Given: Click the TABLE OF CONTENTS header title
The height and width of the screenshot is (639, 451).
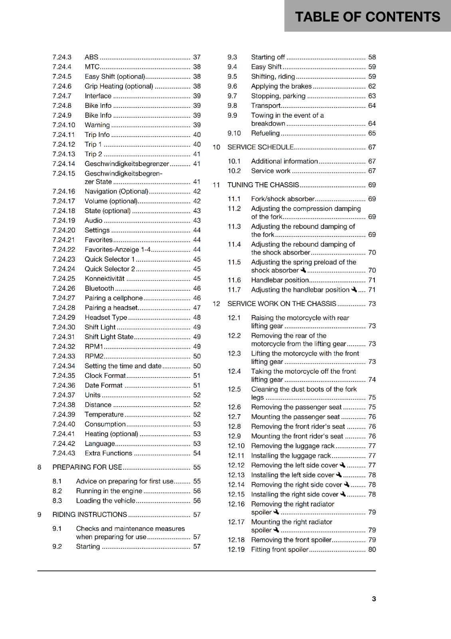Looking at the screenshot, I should pos(367,17).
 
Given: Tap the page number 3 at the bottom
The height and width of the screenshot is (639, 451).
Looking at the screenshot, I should pos(374,599).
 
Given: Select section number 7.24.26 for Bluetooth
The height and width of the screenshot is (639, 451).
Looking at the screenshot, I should pos(63,288).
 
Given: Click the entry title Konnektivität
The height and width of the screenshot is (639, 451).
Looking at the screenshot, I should pos(104,279).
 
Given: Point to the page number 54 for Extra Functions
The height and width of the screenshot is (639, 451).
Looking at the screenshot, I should pos(197,453).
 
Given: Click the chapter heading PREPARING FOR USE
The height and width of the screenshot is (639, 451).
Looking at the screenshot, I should pos(87,467).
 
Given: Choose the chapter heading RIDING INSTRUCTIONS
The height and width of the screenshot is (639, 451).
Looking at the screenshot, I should pos(89,515).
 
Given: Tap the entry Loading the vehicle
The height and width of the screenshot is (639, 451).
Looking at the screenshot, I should pos(105,501).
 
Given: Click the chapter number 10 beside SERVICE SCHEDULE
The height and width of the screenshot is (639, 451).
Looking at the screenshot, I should pos(216,147).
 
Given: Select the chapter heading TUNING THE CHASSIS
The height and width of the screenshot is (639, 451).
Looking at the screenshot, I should pos(263,185).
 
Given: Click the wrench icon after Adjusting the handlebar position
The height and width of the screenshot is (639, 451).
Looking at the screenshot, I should pos(354,290).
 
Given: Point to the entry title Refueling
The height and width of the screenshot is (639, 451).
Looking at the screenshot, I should pos(265,133).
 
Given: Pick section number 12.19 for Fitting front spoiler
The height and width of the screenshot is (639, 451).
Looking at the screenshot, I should pos(236,550).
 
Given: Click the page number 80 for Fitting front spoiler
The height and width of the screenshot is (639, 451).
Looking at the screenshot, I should pos(372,550).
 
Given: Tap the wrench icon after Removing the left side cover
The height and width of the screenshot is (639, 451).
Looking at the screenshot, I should pos(342,465).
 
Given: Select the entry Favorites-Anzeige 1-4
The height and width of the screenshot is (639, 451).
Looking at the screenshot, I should pos(117,250).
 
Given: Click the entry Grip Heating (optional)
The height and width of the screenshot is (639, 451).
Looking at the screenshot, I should pos(119,86).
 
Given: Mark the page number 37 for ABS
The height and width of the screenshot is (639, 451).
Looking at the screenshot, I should pos(197,57).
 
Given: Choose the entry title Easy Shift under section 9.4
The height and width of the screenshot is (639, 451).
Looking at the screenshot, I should pos(266,67).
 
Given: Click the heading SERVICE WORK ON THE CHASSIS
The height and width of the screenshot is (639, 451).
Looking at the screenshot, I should pos(282,304).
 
